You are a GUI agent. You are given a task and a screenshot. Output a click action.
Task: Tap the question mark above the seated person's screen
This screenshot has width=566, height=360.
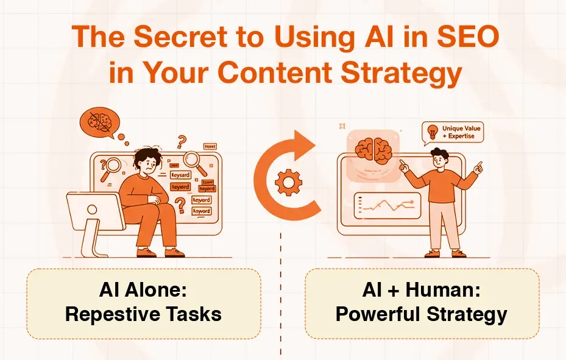(181, 143)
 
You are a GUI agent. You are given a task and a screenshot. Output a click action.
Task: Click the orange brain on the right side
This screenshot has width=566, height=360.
(373, 148)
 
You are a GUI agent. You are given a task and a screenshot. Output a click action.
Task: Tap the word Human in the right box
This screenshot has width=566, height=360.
(445, 291)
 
